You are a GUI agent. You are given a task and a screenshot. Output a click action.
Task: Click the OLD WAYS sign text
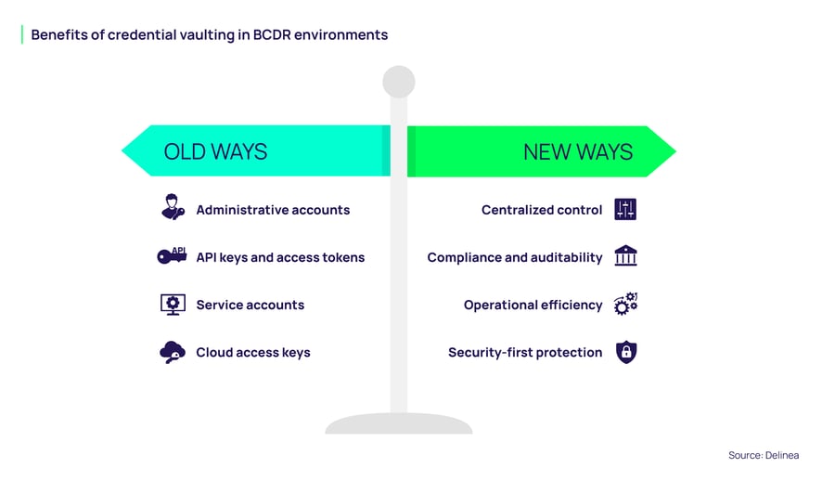coord(215,151)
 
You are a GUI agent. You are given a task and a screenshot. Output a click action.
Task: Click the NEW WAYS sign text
coord(577,151)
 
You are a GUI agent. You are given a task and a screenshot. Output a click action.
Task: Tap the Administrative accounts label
coord(273,210)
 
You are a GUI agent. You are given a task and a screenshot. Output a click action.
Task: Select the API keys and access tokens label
coord(280,257)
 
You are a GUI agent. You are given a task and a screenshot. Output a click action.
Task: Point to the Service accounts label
coord(250,305)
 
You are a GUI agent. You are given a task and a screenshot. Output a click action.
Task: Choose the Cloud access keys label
coord(252,353)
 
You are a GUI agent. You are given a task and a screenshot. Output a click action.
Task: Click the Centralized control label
coord(542,210)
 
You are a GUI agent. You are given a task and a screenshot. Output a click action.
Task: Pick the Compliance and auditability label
coord(515,257)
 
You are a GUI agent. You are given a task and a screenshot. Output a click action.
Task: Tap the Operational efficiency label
coord(533,305)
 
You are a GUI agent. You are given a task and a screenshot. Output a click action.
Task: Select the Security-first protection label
coord(525,353)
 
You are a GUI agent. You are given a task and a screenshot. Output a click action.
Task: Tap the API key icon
coord(173,255)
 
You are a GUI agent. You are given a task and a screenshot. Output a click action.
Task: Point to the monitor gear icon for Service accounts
coord(173,304)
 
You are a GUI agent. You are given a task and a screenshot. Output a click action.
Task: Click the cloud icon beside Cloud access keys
coord(173,352)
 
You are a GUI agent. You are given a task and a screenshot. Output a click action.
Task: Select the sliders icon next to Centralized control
coord(626,209)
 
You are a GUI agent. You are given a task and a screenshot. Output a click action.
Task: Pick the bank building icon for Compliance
coord(626,256)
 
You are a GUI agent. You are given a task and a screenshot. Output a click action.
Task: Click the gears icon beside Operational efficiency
coord(626,303)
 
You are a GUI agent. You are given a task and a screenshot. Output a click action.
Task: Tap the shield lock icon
coord(626,352)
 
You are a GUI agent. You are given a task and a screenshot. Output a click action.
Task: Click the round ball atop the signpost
coord(399,82)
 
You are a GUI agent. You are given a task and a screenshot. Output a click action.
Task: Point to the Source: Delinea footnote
coord(763,455)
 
